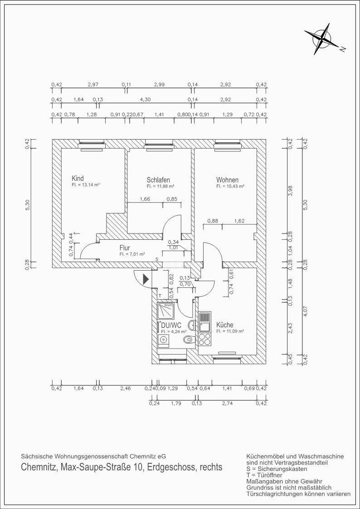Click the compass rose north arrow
point(321,39)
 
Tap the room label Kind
point(78,178)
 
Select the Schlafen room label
point(158,180)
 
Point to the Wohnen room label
point(227,180)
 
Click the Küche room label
point(224,325)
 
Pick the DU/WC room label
point(171,325)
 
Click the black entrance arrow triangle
point(146,279)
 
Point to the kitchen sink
point(205,322)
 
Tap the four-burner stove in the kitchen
point(205,339)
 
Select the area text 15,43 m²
point(230,186)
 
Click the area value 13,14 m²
point(85,185)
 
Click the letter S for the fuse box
point(157,259)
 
